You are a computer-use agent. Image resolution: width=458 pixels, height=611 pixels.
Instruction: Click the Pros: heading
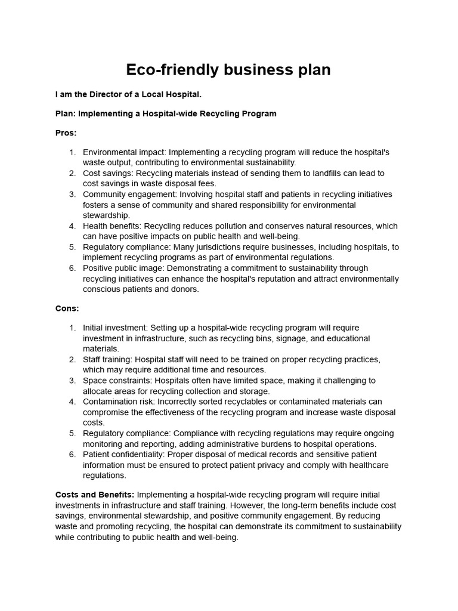point(66,132)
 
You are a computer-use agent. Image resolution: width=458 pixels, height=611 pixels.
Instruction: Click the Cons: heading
point(67,308)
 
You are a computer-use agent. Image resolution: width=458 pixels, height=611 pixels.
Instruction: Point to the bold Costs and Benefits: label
point(95,495)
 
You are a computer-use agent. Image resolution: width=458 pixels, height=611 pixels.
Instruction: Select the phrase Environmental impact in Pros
point(122,152)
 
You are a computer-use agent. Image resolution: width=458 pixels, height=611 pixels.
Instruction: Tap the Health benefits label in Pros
point(112,226)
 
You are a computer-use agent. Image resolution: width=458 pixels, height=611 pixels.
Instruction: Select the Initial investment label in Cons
point(114,328)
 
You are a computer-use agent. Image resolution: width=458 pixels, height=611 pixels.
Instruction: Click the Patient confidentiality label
point(123,454)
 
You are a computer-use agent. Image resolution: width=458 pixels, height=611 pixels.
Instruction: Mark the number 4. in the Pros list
point(72,226)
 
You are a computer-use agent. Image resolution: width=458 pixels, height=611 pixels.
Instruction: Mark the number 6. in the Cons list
point(72,454)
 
